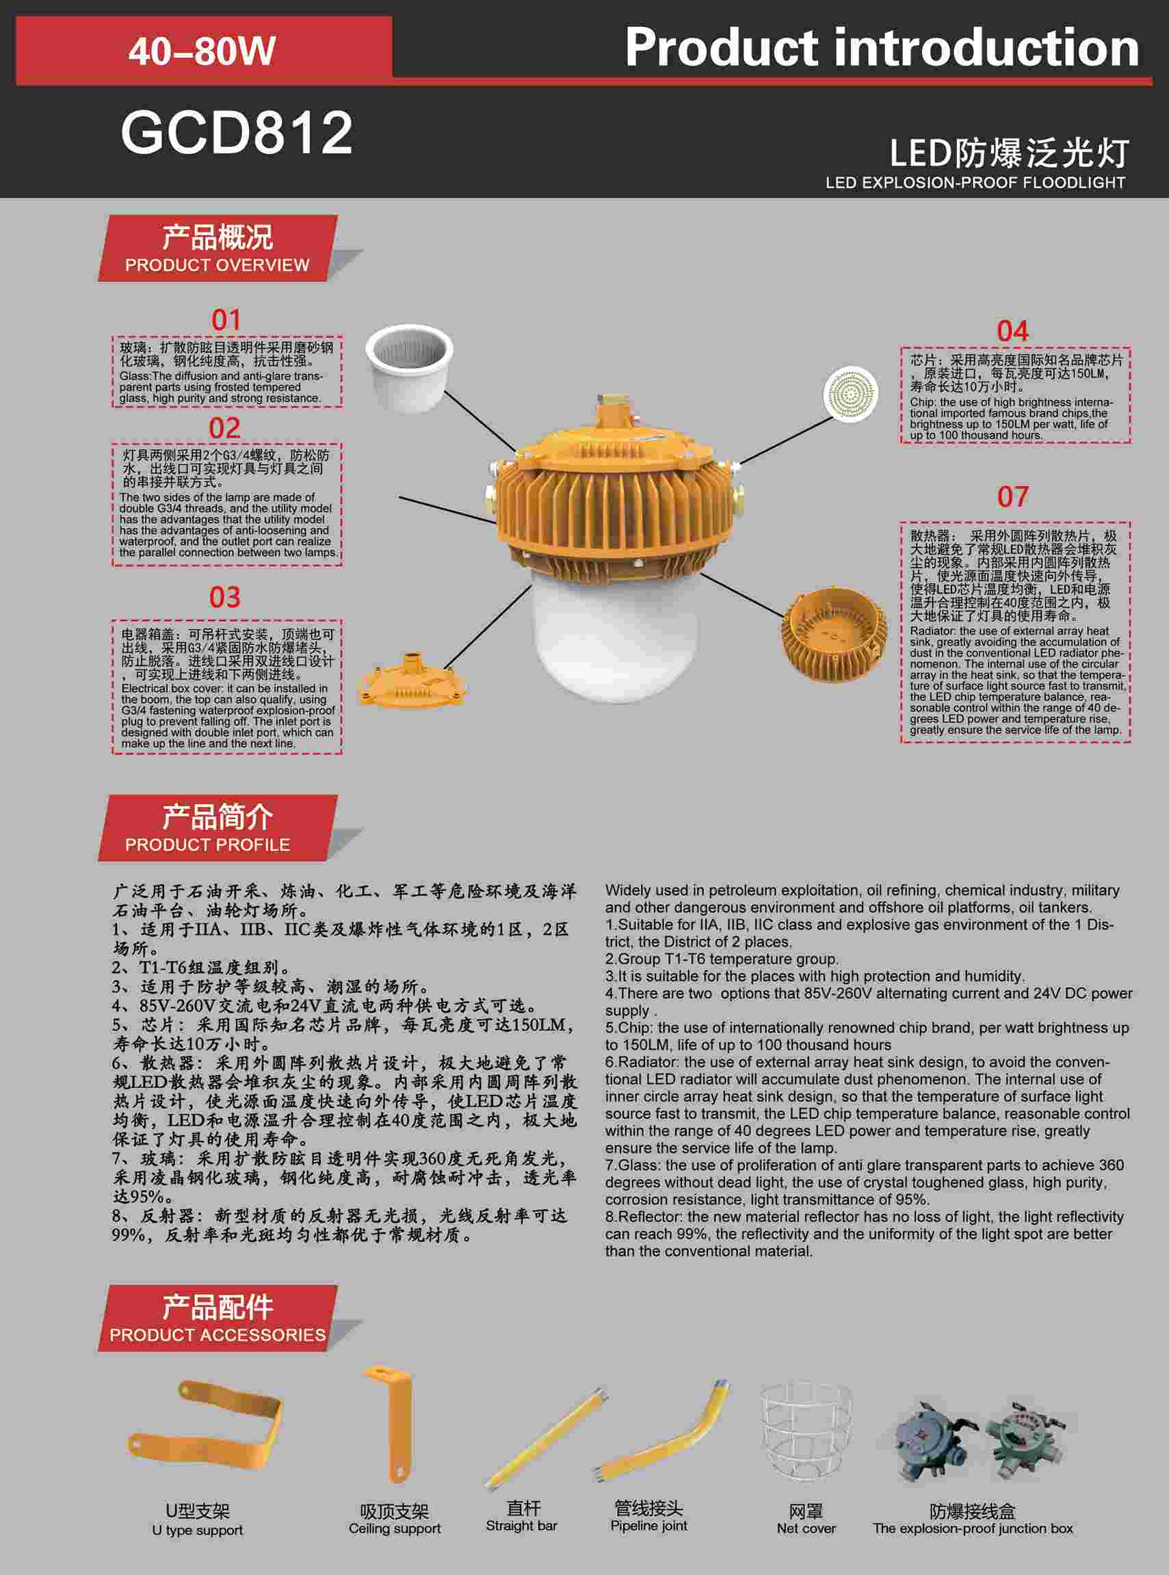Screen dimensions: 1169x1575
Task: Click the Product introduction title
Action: point(882,48)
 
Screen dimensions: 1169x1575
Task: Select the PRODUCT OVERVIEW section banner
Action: point(218,248)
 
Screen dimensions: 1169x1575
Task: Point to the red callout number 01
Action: point(226,320)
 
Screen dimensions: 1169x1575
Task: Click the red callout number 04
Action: point(1012,331)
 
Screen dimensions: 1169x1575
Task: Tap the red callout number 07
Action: point(1012,497)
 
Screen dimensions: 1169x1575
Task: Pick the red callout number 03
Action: point(225,597)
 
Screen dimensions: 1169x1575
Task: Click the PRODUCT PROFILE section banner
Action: point(218,827)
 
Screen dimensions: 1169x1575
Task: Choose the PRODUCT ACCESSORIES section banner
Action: point(218,1317)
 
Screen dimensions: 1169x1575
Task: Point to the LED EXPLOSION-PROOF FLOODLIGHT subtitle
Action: point(975,183)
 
